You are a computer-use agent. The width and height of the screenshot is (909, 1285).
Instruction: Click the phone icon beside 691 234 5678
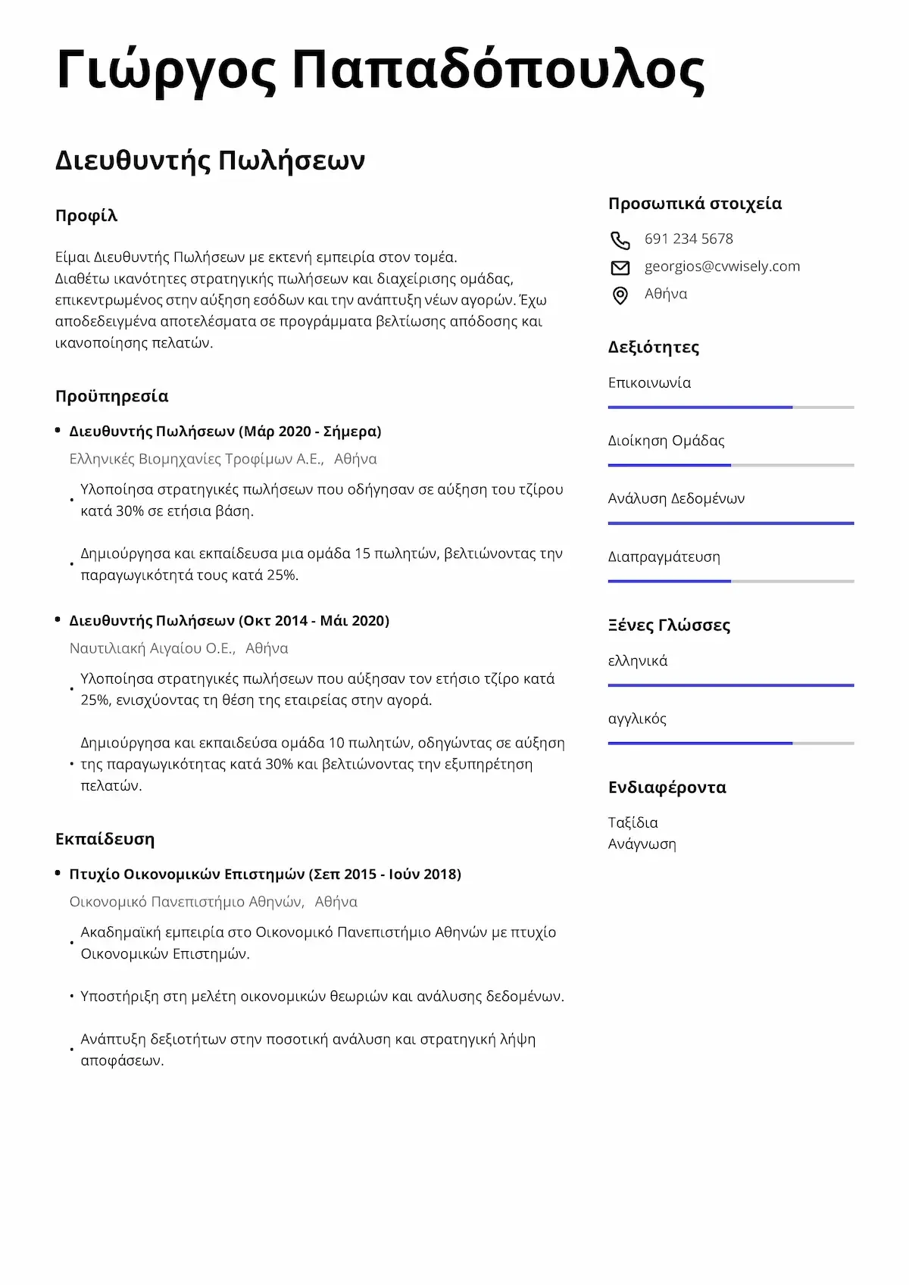pos(620,240)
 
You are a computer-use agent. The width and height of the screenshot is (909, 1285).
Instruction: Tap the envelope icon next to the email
pos(620,267)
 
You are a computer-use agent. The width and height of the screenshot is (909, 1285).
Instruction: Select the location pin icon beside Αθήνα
pos(620,295)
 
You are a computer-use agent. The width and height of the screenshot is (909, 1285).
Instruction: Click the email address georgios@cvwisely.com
pos(722,266)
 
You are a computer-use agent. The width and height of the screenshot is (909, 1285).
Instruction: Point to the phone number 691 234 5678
pos(689,239)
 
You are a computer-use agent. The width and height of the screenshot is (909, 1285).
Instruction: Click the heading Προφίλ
pos(86,216)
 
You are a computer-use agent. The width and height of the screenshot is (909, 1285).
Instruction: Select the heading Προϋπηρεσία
pos(111,396)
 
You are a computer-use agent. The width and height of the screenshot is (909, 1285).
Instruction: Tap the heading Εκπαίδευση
pos(105,839)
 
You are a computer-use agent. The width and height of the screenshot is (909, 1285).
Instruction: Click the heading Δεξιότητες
pos(653,347)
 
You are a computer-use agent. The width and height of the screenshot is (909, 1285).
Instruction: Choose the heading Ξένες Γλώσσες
pos(669,625)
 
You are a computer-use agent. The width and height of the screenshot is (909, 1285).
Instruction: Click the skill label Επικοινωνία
pos(649,382)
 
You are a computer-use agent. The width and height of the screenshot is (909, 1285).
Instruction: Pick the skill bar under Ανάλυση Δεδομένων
pos(730,523)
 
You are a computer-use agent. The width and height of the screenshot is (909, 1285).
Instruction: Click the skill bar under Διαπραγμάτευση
pos(730,582)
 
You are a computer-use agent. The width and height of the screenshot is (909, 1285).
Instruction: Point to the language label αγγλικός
pos(637,719)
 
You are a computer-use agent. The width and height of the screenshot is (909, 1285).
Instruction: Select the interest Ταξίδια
pos(633,822)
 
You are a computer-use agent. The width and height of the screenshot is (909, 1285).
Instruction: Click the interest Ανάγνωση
pos(642,844)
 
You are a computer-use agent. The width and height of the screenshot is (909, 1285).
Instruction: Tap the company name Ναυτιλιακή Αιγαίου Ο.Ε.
pos(151,648)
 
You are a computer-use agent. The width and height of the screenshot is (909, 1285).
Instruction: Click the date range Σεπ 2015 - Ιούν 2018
pos(385,874)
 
